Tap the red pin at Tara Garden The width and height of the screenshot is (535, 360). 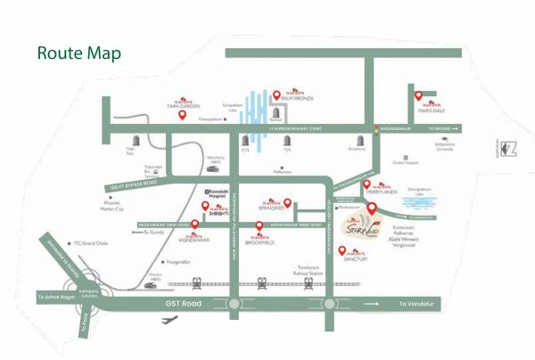(183, 112)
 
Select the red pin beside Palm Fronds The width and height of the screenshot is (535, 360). (276, 94)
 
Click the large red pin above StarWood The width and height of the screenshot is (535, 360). (372, 210)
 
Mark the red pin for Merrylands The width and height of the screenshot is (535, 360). (366, 184)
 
